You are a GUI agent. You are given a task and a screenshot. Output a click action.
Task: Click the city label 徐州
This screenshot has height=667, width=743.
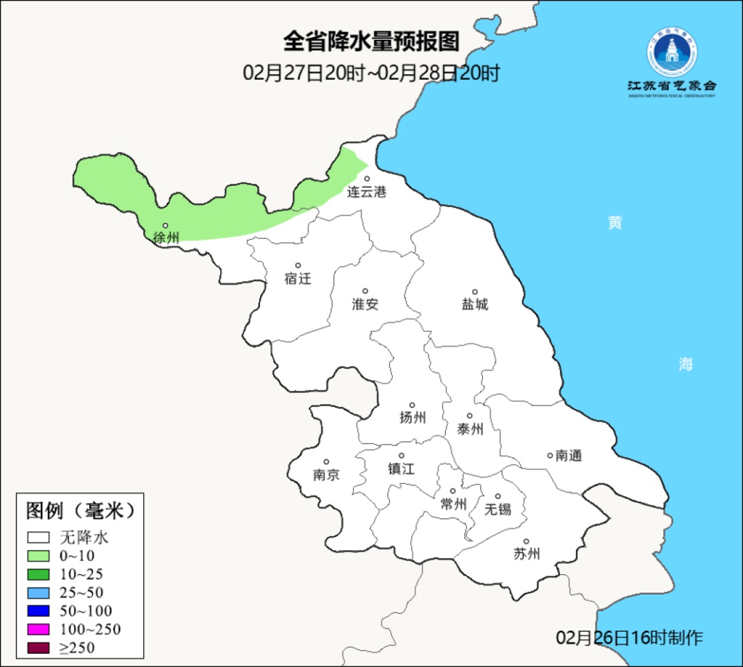coord(166,238)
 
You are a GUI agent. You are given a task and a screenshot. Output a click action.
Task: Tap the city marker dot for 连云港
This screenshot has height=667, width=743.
coord(367,179)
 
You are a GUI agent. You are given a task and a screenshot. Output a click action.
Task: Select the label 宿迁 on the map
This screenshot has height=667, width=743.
coord(298,279)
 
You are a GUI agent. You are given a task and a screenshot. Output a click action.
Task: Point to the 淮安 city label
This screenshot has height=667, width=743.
coord(365,304)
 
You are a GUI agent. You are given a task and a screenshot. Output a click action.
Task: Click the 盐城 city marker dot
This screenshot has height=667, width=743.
coord(475,292)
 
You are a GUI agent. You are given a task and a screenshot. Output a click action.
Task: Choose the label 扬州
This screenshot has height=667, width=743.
coord(413,417)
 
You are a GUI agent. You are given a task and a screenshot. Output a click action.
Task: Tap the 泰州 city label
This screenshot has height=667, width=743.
coord(470,430)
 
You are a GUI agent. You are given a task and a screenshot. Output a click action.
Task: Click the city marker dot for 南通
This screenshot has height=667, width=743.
coord(550,455)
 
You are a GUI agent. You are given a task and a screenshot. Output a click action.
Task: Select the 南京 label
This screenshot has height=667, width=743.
coord(326,475)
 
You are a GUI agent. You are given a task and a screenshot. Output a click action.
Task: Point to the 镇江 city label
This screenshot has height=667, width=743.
coord(401,469)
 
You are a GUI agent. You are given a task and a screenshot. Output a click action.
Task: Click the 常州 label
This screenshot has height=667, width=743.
coord(453,505)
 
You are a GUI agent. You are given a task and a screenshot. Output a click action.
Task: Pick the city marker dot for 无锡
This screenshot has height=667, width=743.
coord(498,496)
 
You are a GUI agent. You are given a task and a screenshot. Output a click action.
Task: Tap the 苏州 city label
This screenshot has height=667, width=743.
coord(526,554)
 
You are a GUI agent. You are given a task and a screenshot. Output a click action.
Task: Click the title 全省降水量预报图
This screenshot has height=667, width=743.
coord(371,42)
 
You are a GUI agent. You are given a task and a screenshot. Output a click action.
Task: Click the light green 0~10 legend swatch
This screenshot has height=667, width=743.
coord(39,555)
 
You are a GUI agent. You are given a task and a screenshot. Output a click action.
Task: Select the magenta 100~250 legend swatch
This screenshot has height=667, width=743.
coord(39,629)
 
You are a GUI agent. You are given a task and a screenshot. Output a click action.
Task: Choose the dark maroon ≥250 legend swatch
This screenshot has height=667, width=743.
coord(39,648)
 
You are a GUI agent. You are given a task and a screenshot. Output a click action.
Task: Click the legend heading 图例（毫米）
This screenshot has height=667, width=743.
coord(80,511)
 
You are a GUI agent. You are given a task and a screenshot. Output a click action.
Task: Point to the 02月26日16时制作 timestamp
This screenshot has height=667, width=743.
coord(629,637)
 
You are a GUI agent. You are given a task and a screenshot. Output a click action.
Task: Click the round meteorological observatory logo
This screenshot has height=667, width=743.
coord(671,52)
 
